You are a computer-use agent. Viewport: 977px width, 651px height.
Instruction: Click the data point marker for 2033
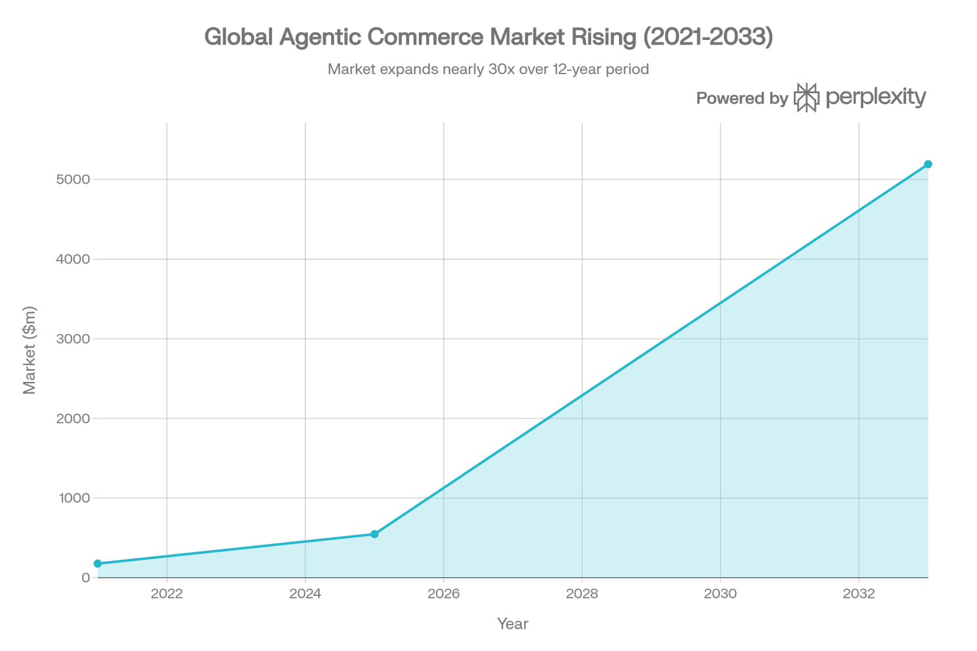point(928,164)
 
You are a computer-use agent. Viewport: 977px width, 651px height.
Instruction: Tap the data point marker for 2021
point(98,563)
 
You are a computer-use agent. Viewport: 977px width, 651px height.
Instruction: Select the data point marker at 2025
point(374,534)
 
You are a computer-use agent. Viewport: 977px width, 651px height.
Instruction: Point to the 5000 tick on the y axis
point(72,180)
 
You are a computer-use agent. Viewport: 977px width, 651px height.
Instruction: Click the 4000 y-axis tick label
point(72,259)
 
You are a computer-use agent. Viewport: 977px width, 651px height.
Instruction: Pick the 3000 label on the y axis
point(72,339)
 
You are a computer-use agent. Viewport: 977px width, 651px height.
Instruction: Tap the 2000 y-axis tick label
point(72,419)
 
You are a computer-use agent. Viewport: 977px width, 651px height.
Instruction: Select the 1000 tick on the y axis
point(74,498)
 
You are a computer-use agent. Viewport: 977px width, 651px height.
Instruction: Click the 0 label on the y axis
point(85,578)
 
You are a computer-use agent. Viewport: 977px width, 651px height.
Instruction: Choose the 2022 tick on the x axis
point(167,594)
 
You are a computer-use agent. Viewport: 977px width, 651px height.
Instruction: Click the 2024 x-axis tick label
point(305,594)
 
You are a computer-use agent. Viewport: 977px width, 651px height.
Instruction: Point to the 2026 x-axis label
point(444,594)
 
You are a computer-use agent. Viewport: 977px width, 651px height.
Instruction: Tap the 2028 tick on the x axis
point(582,594)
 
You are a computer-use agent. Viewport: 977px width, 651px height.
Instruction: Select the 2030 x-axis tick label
point(720,594)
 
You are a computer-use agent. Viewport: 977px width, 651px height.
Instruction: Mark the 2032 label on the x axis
point(859,594)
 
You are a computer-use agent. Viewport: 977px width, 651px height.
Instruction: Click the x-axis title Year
point(512,624)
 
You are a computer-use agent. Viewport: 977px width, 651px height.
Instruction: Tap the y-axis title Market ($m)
point(30,350)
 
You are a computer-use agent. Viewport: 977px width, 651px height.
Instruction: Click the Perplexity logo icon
point(806,98)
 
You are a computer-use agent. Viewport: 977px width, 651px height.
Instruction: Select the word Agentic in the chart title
point(320,37)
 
